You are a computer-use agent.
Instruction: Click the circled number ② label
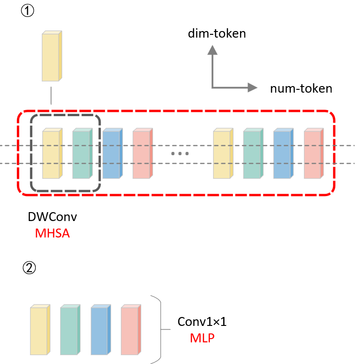28,268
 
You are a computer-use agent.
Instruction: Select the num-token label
301,88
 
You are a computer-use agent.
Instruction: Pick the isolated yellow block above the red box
52,56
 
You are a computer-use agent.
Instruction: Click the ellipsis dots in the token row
180,154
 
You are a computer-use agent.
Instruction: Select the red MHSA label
52,233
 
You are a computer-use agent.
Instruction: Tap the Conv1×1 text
202,322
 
